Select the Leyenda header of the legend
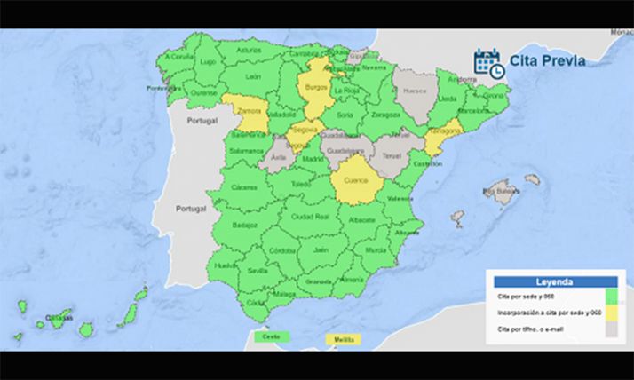click(555, 281)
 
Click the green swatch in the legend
click(611, 296)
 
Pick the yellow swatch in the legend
click(611, 313)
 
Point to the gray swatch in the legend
click(611, 329)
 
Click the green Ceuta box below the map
click(266, 337)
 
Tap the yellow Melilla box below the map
click(340, 338)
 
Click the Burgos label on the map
click(316, 89)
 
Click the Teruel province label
click(392, 154)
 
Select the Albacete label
click(362, 218)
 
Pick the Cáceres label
click(242, 188)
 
